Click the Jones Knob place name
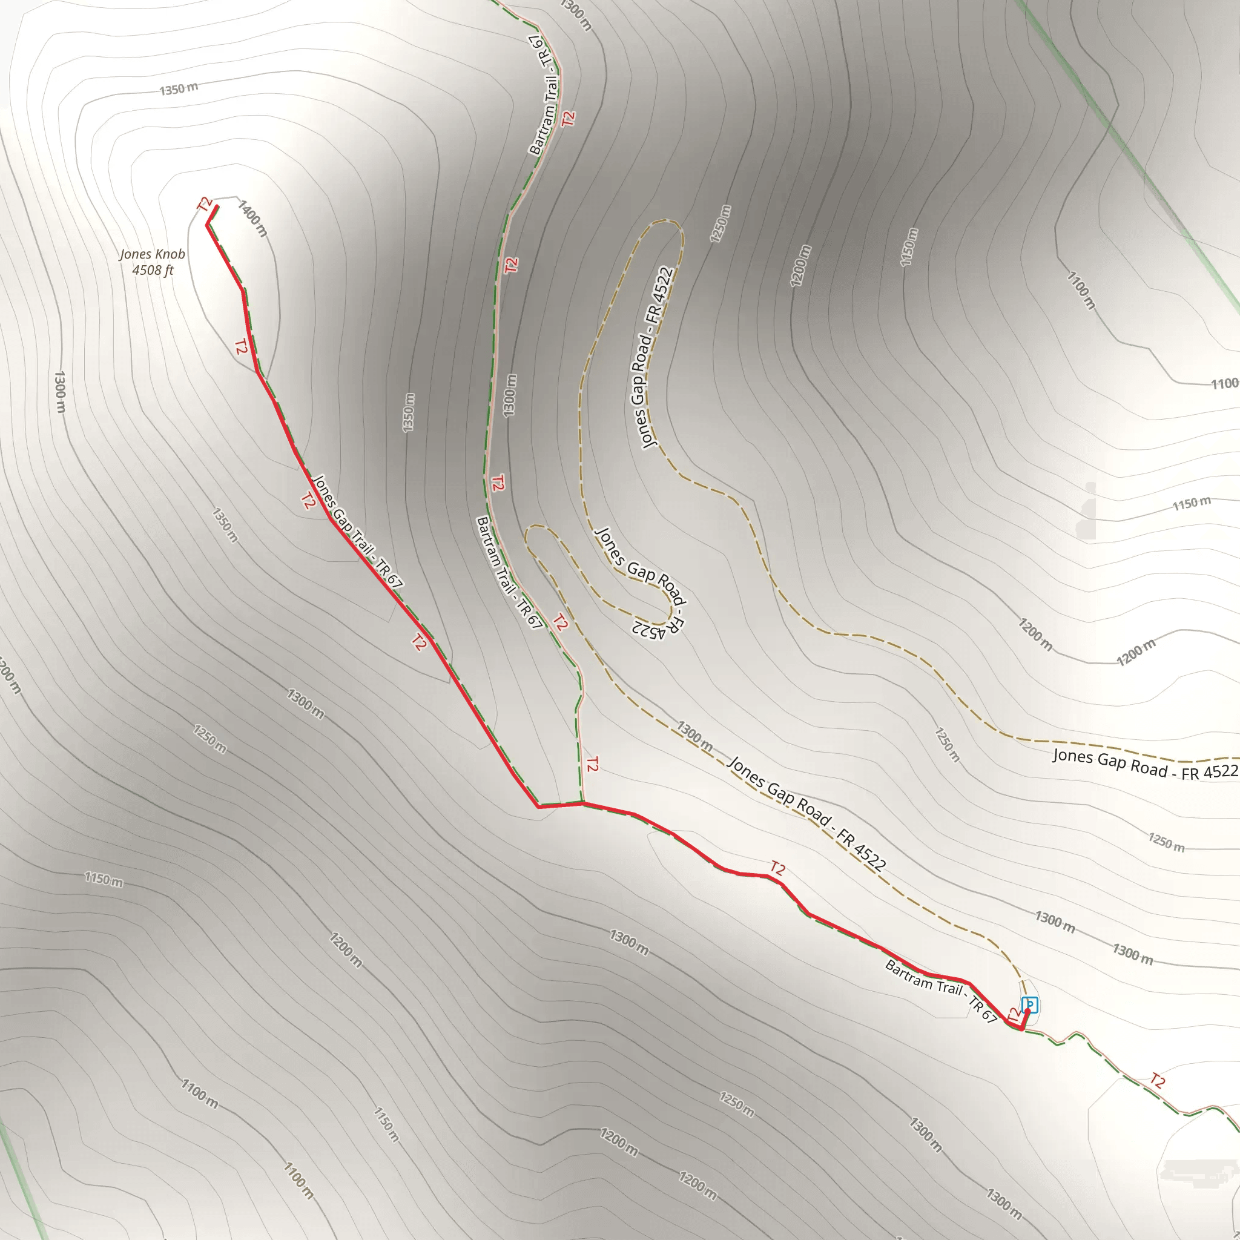coord(152,254)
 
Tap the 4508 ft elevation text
coord(153,270)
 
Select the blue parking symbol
coord(1029,1004)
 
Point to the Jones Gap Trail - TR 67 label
coord(357,532)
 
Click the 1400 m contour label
coord(253,218)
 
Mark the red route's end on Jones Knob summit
coord(216,206)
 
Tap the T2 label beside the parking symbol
coord(1013,1015)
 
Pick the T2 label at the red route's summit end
coord(205,204)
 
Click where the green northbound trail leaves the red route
coord(582,802)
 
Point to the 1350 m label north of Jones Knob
coord(179,88)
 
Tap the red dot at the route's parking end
coord(1027,1012)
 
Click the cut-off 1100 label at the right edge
coord(1225,384)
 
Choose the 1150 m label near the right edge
coord(1192,503)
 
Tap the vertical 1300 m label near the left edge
coord(60,392)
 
